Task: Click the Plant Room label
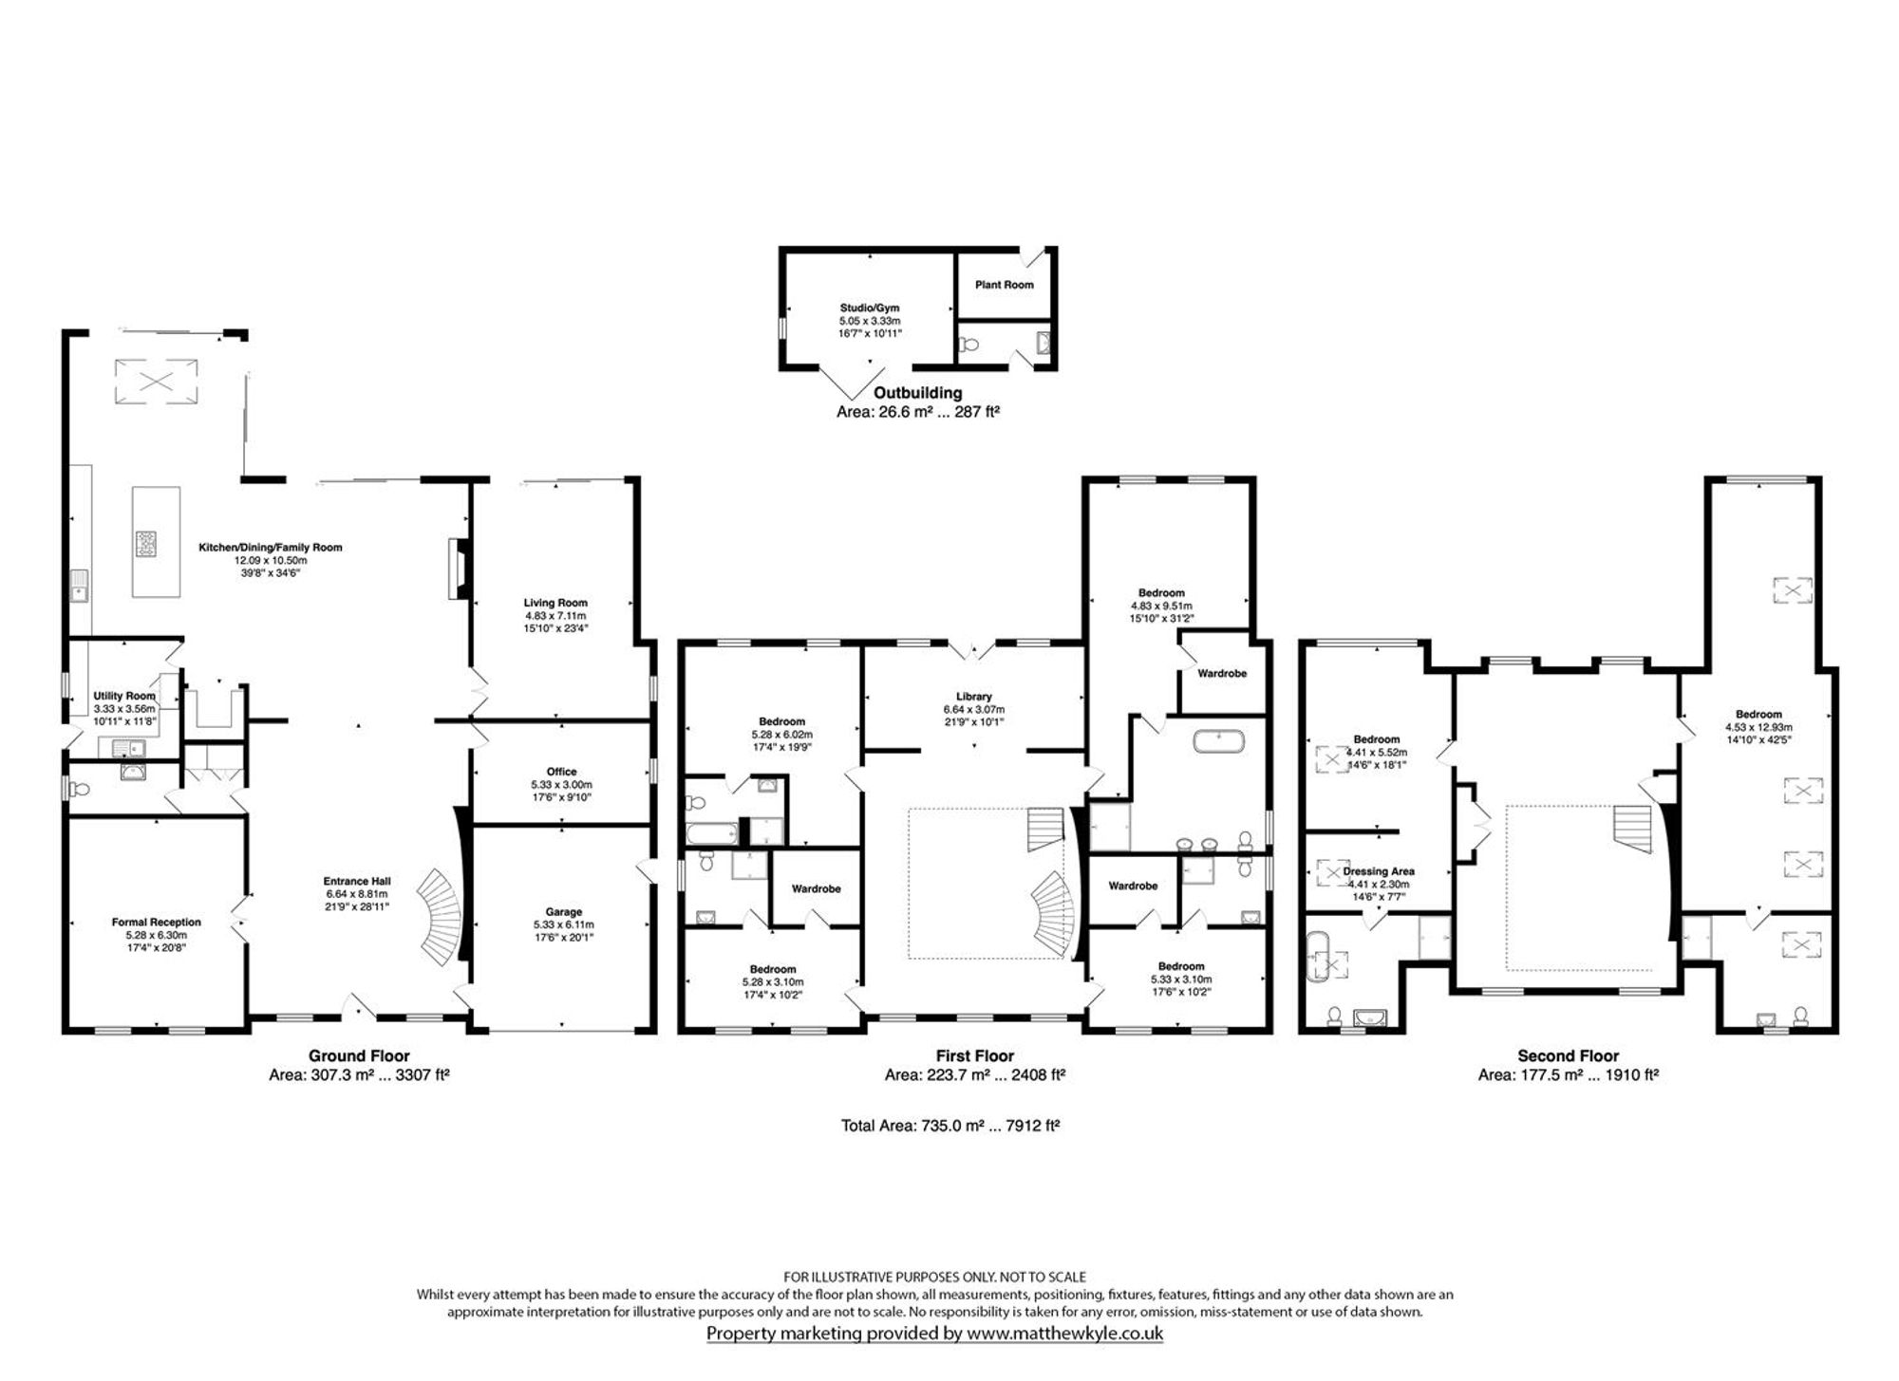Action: pyautogui.click(x=1004, y=285)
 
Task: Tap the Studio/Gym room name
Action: pyautogui.click(x=869, y=308)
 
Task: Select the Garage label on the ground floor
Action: pyautogui.click(x=563, y=912)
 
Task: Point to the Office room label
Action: pyautogui.click(x=561, y=772)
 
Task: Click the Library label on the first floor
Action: pyautogui.click(x=973, y=697)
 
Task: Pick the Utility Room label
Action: pyautogui.click(x=124, y=696)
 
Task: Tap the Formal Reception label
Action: pyautogui.click(x=156, y=922)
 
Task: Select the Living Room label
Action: pyautogui.click(x=555, y=603)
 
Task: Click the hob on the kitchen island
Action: pyautogui.click(x=148, y=543)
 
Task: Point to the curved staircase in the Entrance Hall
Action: pyautogui.click(x=442, y=916)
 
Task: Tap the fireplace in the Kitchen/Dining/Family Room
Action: pyautogui.click(x=458, y=569)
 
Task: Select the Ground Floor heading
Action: pyautogui.click(x=359, y=1055)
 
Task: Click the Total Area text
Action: pyautogui.click(x=950, y=1126)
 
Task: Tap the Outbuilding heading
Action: pyautogui.click(x=917, y=393)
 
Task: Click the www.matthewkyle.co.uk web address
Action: pyautogui.click(x=1064, y=1334)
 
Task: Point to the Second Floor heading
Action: pyautogui.click(x=1568, y=1055)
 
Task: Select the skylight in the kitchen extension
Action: pyautogui.click(x=156, y=382)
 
